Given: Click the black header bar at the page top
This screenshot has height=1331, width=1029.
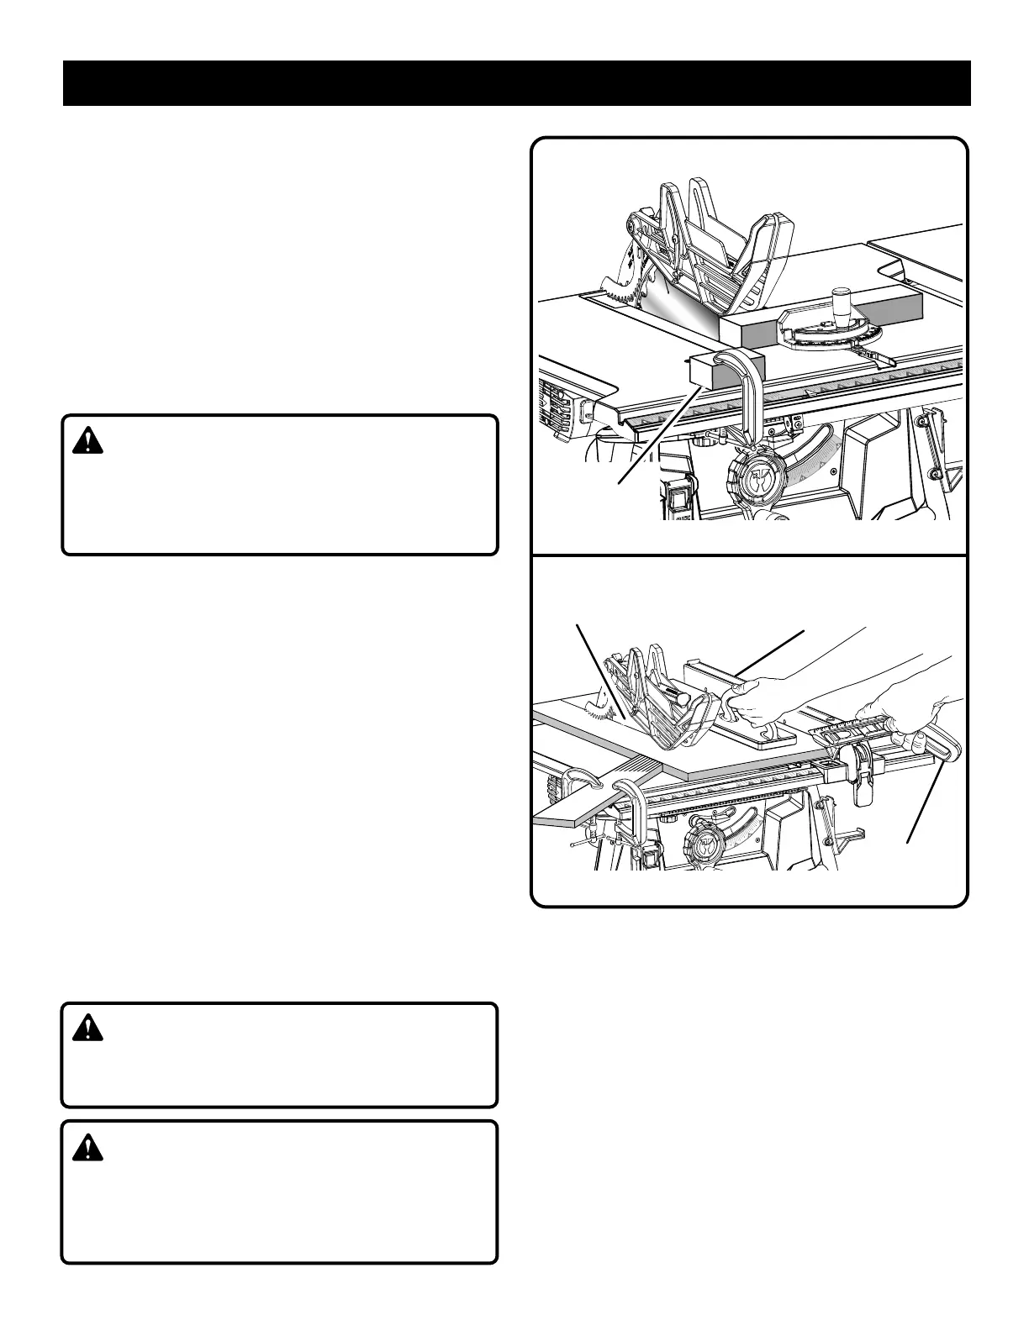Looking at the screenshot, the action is click(516, 83).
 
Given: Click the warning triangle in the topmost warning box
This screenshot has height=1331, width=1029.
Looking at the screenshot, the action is click(87, 440).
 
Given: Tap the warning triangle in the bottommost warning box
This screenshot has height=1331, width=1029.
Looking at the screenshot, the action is click(87, 1146).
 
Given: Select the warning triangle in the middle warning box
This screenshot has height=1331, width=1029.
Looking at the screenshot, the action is click(87, 1028).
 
